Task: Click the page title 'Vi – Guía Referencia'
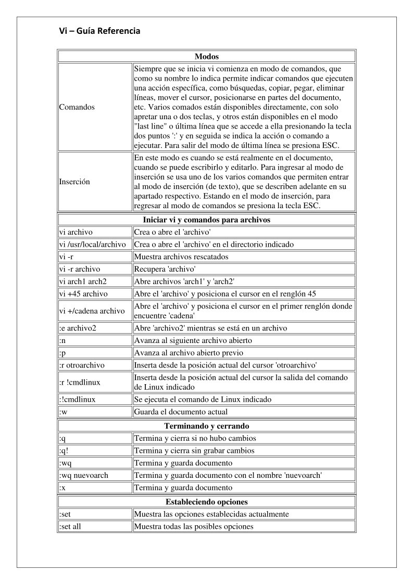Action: pyautogui.click(x=99, y=31)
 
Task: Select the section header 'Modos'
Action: pyautogui.click(x=206, y=56)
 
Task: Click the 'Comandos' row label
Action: pyautogui.click(x=77, y=107)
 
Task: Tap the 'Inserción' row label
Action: pyautogui.click(x=74, y=182)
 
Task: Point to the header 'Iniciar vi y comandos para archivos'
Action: pyautogui.click(x=206, y=220)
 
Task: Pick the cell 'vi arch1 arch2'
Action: pyautogui.click(x=83, y=282)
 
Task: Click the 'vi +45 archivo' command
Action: pyautogui.click(x=83, y=294)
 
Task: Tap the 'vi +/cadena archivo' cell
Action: pyautogui.click(x=92, y=311)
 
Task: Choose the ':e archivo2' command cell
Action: pyautogui.click(x=78, y=328)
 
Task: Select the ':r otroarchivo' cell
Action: pyautogui.click(x=83, y=365)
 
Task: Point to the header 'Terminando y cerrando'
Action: pyautogui.click(x=206, y=426)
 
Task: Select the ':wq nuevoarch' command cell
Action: pyautogui.click(x=83, y=476)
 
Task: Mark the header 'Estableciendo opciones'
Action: pyautogui.click(x=206, y=502)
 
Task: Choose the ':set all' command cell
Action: pyautogui.click(x=70, y=527)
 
